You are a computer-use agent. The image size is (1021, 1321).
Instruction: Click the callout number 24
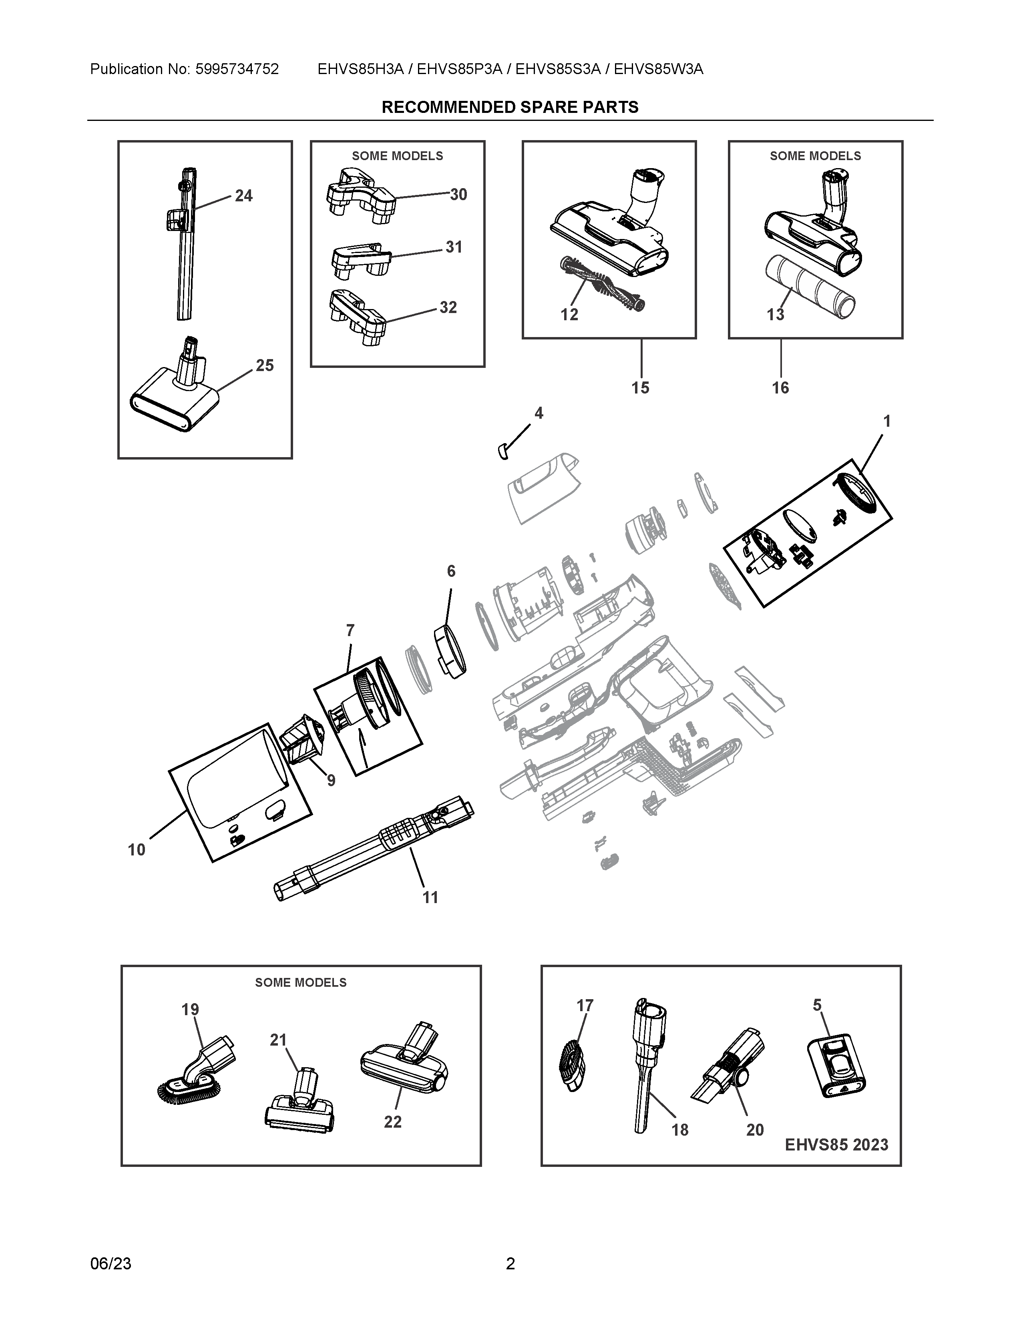pyautogui.click(x=244, y=196)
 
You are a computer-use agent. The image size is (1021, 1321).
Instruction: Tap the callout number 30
pyautogui.click(x=458, y=195)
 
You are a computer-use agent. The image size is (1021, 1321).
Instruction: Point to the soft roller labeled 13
pyautogui.click(x=810, y=288)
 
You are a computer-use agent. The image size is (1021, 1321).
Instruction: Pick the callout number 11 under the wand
pyautogui.click(x=430, y=897)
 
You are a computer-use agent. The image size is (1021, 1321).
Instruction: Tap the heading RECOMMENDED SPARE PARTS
pyautogui.click(x=510, y=108)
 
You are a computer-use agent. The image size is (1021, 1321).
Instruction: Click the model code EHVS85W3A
pyautogui.click(x=658, y=70)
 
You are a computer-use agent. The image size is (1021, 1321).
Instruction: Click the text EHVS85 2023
pyautogui.click(x=836, y=1145)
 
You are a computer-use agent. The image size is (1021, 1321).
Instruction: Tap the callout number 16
pyautogui.click(x=780, y=388)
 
